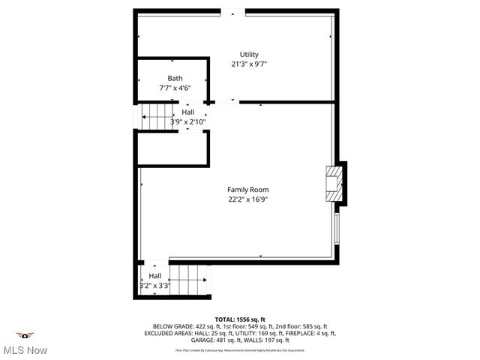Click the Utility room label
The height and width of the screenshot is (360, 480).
249,55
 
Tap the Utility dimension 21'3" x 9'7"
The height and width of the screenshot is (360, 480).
249,64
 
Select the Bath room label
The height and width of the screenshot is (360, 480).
175,78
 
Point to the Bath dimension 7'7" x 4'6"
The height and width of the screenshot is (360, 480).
175,88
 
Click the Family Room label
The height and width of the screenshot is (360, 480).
248,190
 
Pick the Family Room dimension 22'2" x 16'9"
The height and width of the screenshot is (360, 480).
248,199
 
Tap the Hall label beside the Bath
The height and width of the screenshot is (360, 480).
187,112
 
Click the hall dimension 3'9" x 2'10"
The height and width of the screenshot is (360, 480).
187,121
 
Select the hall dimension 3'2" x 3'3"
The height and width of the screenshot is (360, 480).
155,286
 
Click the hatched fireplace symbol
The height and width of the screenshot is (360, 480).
333,183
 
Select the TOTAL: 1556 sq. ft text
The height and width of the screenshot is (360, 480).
240,319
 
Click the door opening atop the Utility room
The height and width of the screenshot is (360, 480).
232,12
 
